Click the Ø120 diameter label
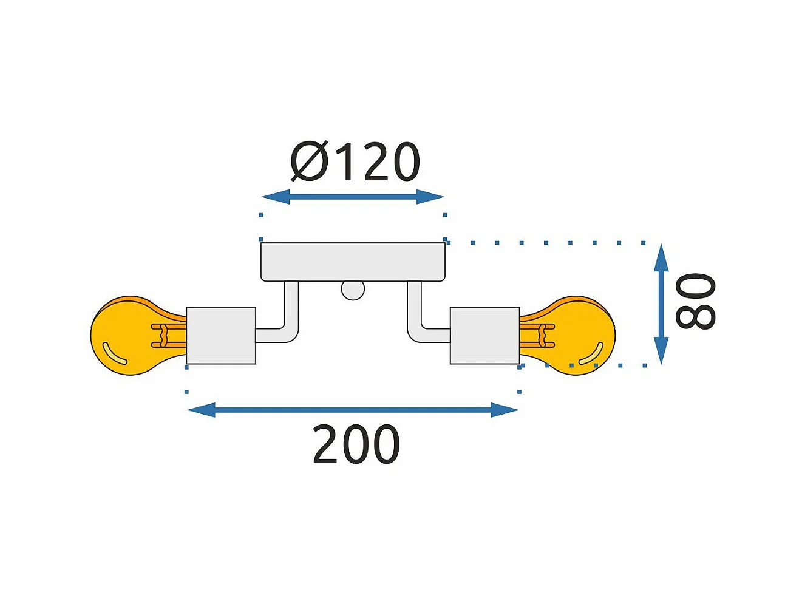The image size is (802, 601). click(355, 162)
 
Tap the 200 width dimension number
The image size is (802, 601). click(356, 445)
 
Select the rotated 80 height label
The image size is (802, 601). click(696, 302)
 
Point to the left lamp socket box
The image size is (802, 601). click(221, 336)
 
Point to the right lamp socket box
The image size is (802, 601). click(484, 336)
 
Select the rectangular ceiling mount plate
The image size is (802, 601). click(353, 262)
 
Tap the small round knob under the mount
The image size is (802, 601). click(353, 290)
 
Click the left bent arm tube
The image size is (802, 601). click(291, 316)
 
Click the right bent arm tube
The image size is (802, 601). click(415, 316)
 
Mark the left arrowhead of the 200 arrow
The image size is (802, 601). click(201, 410)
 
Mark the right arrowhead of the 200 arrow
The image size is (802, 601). click(505, 410)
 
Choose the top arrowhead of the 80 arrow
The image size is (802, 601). click(661, 257)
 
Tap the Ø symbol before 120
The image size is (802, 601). click(309, 162)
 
